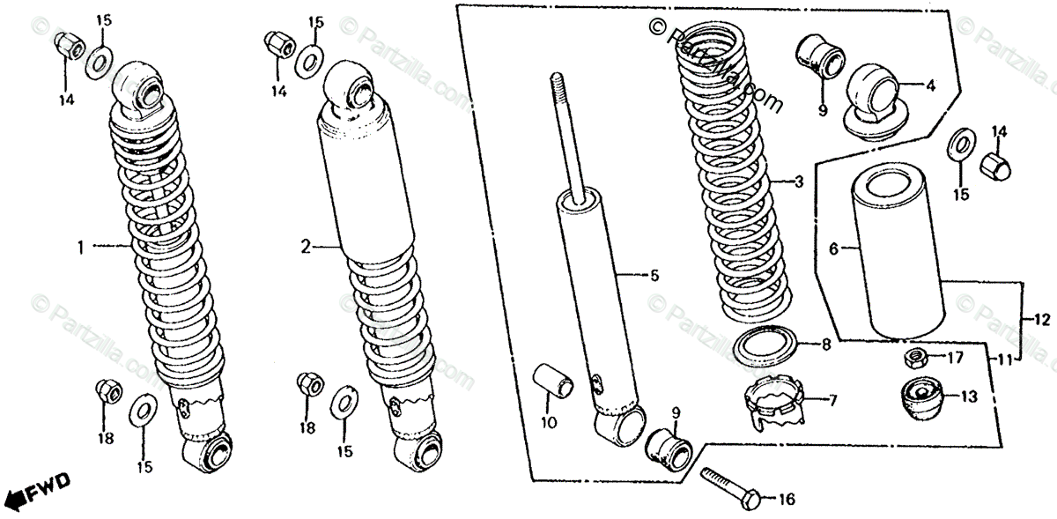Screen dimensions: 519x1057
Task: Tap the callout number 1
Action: point(80,249)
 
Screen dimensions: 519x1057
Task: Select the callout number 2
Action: point(306,248)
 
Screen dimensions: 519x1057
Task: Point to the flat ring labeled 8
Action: point(764,346)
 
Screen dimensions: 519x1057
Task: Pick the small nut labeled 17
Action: point(913,359)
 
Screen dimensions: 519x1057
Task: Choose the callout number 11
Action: point(1004,360)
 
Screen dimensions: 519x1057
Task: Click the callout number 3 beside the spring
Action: point(798,183)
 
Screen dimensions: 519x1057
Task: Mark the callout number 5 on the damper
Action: point(654,276)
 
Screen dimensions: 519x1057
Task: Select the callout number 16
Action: point(787,500)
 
